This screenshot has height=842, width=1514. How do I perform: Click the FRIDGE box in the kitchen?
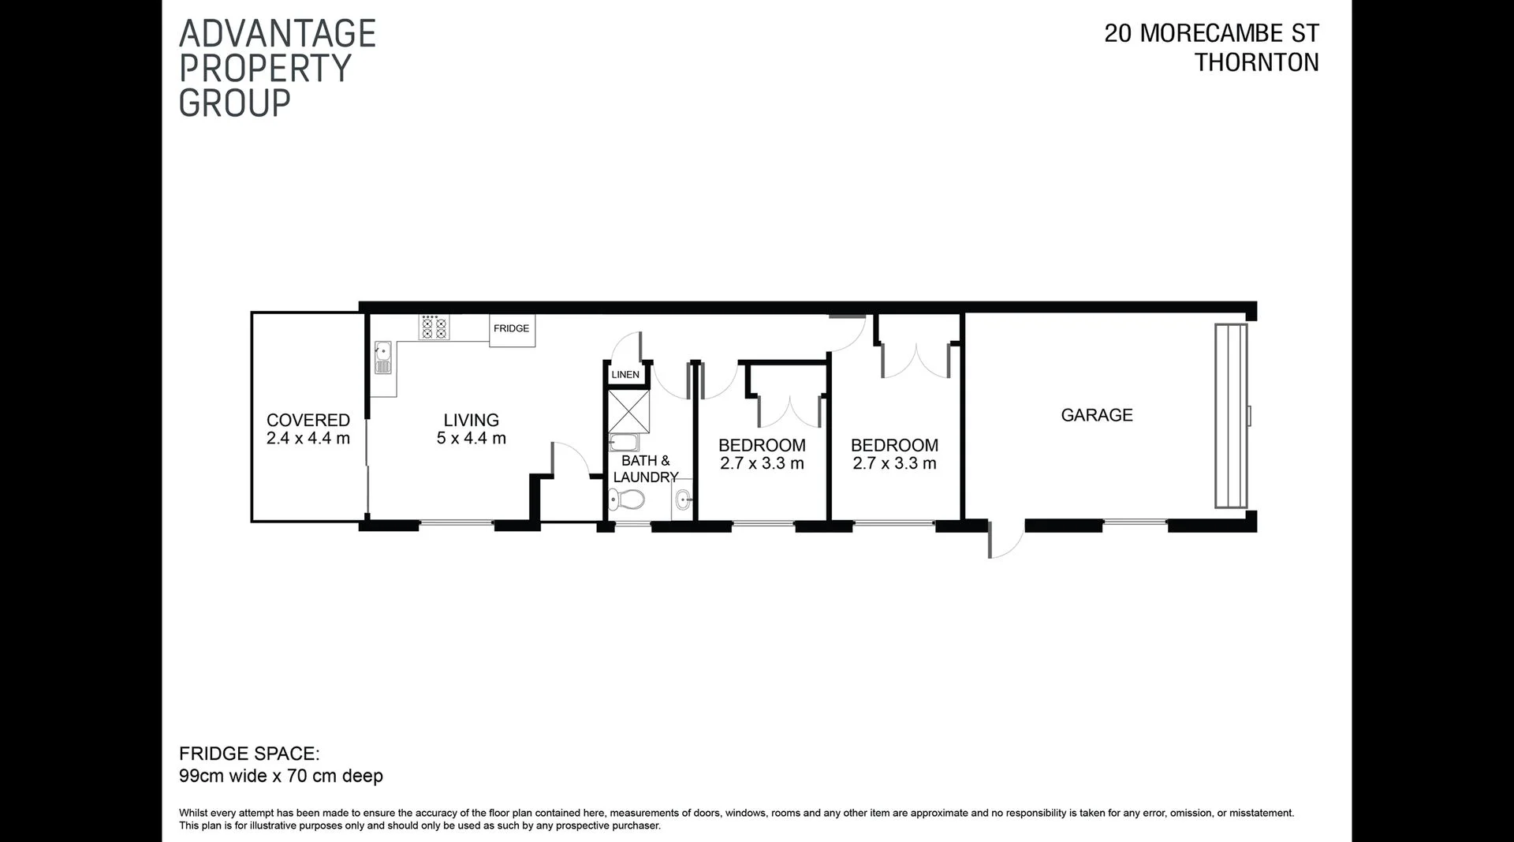pos(512,330)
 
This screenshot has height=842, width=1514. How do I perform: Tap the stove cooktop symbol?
pos(434,327)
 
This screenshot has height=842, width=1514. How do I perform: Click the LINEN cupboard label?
pos(625,375)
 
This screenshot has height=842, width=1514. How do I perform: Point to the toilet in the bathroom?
pos(628,499)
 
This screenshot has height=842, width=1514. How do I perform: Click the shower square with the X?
pos(628,410)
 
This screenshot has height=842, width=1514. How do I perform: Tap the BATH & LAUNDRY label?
pos(646,469)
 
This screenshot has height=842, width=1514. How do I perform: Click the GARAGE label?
pos(1096,415)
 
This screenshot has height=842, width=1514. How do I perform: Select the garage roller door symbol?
pos(1230,416)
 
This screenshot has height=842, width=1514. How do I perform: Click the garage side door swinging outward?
pos(1003,540)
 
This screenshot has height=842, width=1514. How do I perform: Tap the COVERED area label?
pos(308,421)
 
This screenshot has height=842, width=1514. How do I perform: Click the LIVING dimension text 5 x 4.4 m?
pos(471,439)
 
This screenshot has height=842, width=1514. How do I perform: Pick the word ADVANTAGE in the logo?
pos(278,34)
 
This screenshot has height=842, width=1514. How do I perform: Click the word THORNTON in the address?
pos(1256,63)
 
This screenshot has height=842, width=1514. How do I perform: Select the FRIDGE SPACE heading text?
pos(249,754)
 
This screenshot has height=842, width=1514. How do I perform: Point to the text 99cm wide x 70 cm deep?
pos(281,776)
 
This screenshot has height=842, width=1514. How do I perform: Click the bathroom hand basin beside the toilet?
pos(683,499)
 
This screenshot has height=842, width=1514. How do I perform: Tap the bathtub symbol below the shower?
pos(623,442)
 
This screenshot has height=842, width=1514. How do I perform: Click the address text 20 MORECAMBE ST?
pos(1211,34)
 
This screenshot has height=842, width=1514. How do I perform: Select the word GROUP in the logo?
pos(235,103)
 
